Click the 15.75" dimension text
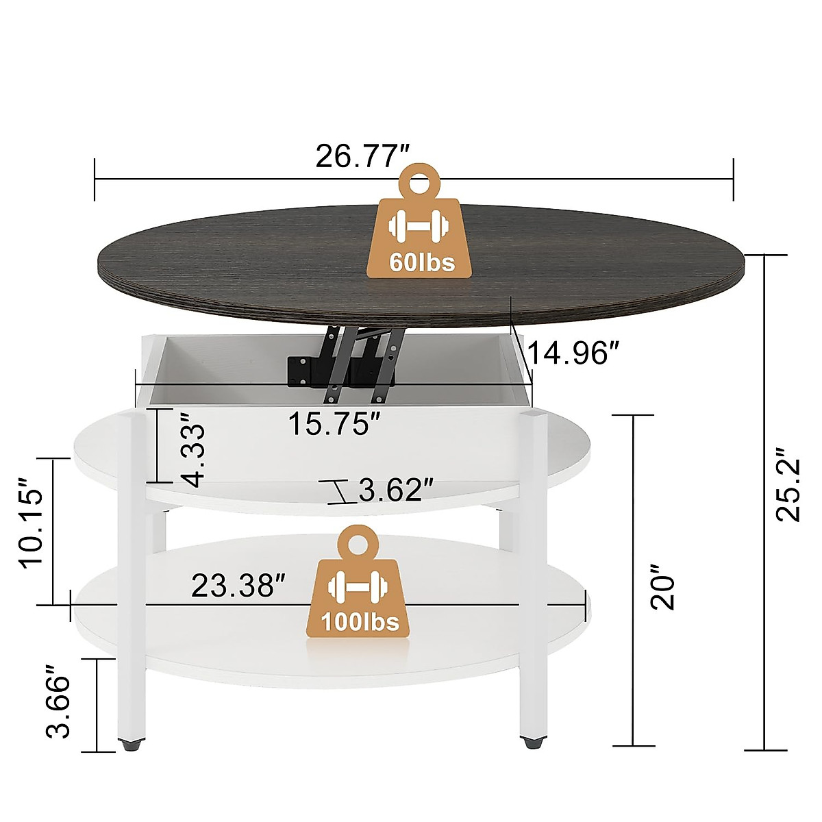(334, 424)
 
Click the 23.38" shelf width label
(238, 586)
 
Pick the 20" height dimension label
(662, 588)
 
